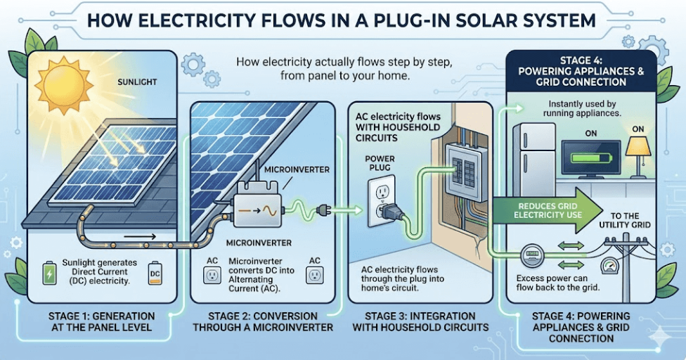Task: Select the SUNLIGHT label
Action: (x=137, y=82)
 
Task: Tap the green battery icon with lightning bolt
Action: (x=49, y=273)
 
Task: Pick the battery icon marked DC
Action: (x=155, y=274)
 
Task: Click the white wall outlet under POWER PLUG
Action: (x=382, y=200)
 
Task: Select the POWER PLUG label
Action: (x=380, y=162)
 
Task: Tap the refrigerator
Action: (x=533, y=159)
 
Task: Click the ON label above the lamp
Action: (x=638, y=129)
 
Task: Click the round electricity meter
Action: (x=531, y=255)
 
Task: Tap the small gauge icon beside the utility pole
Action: (x=609, y=265)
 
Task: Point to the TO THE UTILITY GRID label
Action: (x=625, y=220)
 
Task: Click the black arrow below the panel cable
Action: (x=140, y=237)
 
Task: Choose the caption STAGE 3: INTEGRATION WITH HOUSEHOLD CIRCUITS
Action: (x=420, y=321)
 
